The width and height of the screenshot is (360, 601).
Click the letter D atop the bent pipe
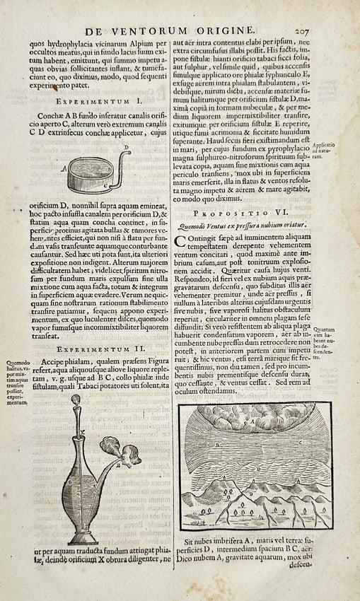[x=127, y=148]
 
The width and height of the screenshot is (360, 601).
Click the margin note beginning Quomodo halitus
[x=16, y=383]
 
